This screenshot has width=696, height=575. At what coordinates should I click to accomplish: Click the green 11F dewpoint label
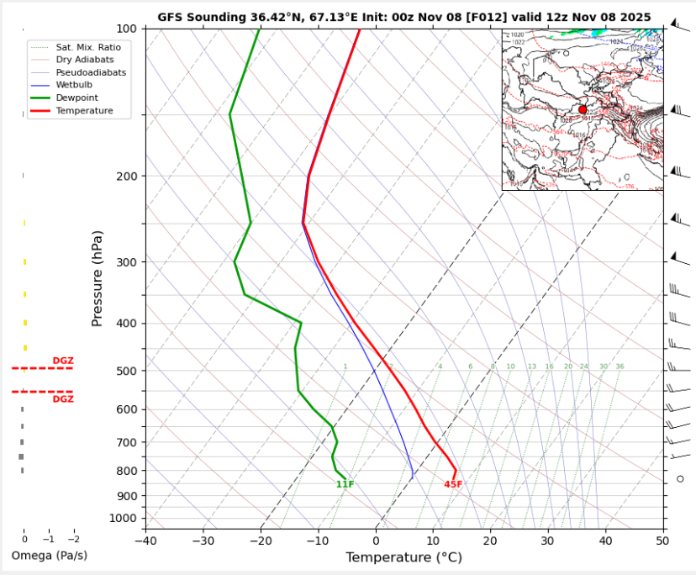pos(345,484)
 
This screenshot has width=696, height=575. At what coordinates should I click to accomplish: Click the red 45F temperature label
pos(453,484)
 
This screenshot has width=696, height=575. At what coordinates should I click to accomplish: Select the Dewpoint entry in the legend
pos(76,98)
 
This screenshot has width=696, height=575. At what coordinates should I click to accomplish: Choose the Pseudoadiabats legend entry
pos(91,73)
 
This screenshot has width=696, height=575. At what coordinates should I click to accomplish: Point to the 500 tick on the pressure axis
pos(127,371)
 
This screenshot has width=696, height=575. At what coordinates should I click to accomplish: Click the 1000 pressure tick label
pos(124,518)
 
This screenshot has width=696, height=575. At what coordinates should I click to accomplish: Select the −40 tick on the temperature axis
pos(145,541)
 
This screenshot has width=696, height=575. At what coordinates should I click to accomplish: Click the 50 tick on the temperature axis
pos(662,541)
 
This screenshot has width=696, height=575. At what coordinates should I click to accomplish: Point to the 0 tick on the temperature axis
pos(376,541)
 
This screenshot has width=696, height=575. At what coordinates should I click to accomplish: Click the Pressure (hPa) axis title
pos(97,278)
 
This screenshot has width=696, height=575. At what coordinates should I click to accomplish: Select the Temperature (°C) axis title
pos(404,557)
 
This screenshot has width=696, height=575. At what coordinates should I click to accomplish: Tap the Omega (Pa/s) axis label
pos(49,556)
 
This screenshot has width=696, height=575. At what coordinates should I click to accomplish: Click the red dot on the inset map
pos(583,110)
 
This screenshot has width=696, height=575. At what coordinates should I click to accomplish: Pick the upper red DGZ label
pos(63,361)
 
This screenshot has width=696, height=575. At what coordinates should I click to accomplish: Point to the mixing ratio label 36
pos(620,367)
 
